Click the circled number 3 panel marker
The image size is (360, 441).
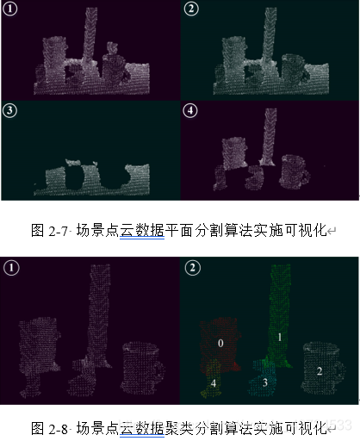coord(9,111)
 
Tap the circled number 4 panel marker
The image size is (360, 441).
coord(191,111)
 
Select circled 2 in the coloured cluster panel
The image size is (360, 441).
coord(191,267)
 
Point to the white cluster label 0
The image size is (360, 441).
coord(221,343)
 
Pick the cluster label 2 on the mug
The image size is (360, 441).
coord(319,370)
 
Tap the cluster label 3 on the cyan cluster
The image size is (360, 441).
coord(266,382)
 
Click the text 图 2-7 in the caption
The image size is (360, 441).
coord(48,231)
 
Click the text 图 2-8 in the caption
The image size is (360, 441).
coord(48,427)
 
